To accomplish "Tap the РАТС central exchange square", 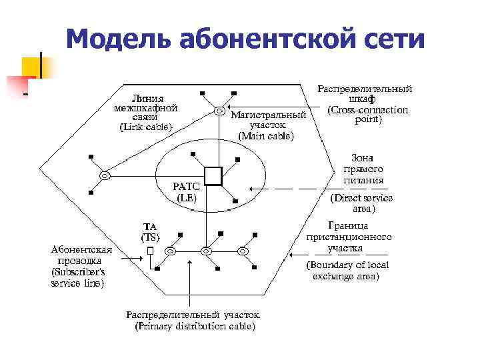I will point(213,175).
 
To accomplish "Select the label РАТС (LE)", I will point(186,192).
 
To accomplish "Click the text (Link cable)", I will point(145,127).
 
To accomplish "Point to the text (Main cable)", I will point(265,135).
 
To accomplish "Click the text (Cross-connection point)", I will point(367,115).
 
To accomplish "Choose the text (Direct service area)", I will point(362,203).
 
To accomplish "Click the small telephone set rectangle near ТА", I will point(151,251).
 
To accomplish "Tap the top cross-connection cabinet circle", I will point(219,111).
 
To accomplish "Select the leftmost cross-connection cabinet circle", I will point(104,175).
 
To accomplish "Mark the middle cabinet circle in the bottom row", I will point(206,251).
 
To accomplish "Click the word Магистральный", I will point(268,115).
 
